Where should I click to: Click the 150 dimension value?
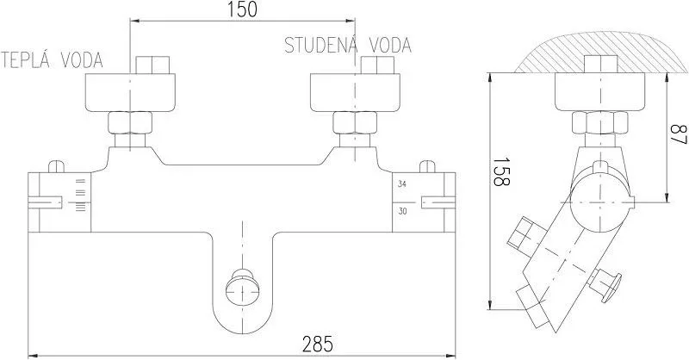coord(242,9)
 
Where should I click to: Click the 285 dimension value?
coord(318,344)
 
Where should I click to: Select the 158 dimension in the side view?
coord(501,172)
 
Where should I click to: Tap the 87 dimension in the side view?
coord(678,135)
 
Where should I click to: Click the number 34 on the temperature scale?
coord(402,184)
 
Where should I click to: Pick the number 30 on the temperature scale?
coord(402,211)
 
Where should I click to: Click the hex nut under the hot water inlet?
coord(130,122)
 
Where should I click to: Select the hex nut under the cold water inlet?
coord(355,122)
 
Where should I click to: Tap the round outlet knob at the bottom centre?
coord(243,288)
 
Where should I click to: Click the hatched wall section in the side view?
coord(601,52)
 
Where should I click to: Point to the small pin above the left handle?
coord(56,166)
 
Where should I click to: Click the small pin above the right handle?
coord(427,166)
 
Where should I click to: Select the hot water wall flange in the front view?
coord(130,92)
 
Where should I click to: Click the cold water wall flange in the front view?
coord(355,92)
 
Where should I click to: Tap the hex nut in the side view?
coord(599,122)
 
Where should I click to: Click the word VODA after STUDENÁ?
coord(390,46)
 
